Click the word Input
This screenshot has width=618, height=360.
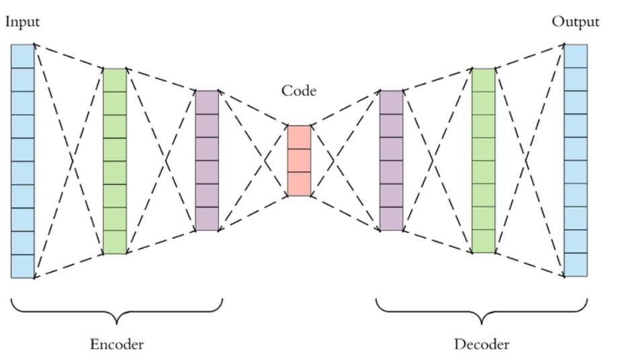click(x=22, y=22)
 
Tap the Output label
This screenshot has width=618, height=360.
click(x=576, y=22)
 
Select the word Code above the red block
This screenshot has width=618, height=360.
click(x=299, y=91)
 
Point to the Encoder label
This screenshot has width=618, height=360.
click(x=117, y=345)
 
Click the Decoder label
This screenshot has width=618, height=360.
click(x=482, y=345)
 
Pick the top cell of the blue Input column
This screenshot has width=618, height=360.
click(x=22, y=56)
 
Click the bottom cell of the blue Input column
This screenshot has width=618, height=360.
click(x=22, y=266)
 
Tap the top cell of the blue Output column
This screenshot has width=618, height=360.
click(x=576, y=56)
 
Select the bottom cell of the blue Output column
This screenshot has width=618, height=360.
click(x=576, y=265)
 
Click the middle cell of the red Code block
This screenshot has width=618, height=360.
click(x=299, y=161)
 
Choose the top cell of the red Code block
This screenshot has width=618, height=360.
click(x=299, y=138)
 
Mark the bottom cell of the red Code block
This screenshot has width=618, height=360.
click(x=299, y=184)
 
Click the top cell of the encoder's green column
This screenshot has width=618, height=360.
click(x=115, y=81)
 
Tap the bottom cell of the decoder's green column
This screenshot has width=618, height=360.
click(x=483, y=241)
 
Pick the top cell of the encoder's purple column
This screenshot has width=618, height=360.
click(x=207, y=102)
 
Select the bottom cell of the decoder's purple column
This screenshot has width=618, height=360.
click(x=392, y=219)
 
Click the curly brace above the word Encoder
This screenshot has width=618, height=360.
click(x=117, y=312)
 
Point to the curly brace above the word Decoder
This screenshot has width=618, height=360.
click(x=482, y=312)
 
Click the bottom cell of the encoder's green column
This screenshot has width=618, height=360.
click(x=115, y=242)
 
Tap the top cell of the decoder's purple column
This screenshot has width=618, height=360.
click(x=392, y=102)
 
